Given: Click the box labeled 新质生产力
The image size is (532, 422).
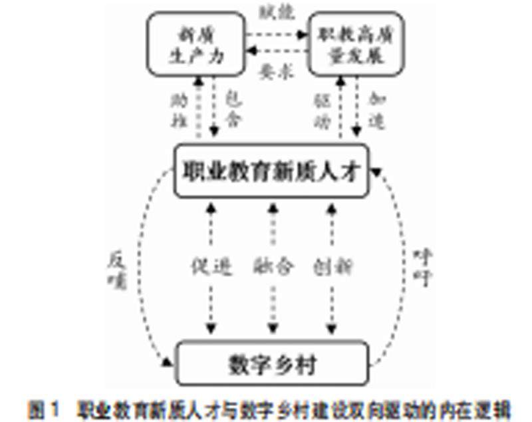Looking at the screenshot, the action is [196, 45].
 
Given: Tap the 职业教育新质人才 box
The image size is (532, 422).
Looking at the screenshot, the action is [271, 171].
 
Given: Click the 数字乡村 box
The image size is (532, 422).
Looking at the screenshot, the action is [271, 363].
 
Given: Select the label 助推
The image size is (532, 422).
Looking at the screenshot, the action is [179, 110].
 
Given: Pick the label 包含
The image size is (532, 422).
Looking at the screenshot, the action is [233, 110].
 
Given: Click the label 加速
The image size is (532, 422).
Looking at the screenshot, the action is [378, 110].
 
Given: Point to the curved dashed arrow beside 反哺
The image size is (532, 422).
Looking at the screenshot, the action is [142, 266].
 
